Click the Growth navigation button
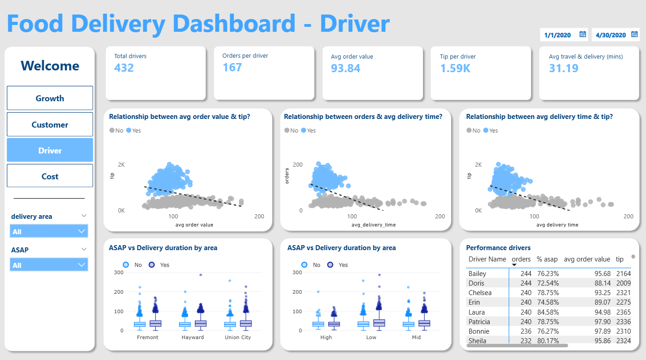50,98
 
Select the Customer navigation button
50,124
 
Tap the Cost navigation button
50,176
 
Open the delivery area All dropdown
49,232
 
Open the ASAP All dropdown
49,265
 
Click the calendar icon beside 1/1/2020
582,35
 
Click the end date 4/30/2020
611,35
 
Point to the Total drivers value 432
124,68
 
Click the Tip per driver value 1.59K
455,68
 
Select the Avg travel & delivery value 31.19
563,68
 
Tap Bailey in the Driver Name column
477,274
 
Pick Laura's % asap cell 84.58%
548,312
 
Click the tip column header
620,259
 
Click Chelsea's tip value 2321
623,292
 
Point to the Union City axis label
238,337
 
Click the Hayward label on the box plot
193,337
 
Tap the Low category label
371,337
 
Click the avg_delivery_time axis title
373,225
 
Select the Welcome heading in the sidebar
50,66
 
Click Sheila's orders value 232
526,340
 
